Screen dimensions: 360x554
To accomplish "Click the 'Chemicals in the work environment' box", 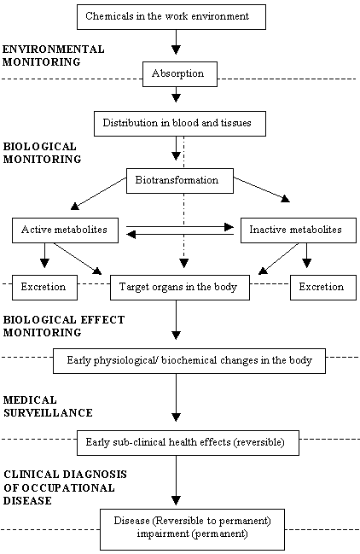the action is [171, 17].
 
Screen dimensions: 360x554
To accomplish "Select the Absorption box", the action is [180, 74].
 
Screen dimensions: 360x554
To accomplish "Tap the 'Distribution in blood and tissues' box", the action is [180, 124].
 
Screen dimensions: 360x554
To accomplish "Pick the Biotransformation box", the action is [180, 181].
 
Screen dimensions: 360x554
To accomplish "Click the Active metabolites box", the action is [65, 230].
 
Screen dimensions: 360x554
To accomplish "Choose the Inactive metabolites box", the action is [299, 230].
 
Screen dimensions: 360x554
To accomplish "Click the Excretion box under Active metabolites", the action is [44, 288].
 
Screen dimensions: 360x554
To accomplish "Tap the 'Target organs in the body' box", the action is [180, 288].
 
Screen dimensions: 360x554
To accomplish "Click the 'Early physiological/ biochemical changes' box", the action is [189, 361].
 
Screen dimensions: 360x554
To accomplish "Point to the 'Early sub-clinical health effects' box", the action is [188, 443].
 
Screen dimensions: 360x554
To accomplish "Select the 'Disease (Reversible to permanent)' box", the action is [192, 529].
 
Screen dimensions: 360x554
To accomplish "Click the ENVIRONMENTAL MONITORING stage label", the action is [53, 55].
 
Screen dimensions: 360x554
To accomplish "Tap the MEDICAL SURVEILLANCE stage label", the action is [48, 406].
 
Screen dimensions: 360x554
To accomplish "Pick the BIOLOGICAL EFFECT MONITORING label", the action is [64, 326].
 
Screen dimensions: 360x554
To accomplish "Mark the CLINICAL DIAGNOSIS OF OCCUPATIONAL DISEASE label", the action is [65, 487].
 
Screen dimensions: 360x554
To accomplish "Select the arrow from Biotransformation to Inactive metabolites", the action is [262, 190].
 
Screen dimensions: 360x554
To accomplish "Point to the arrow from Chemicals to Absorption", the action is [176, 42].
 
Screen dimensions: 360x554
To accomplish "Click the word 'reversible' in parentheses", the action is [260, 442].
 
